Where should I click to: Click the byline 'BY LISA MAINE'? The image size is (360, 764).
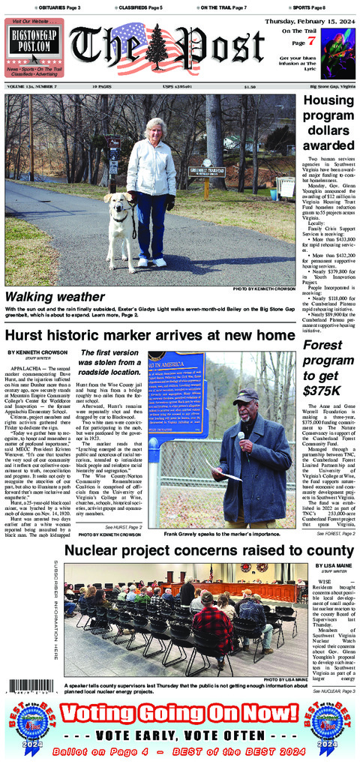[x=331, y=566]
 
